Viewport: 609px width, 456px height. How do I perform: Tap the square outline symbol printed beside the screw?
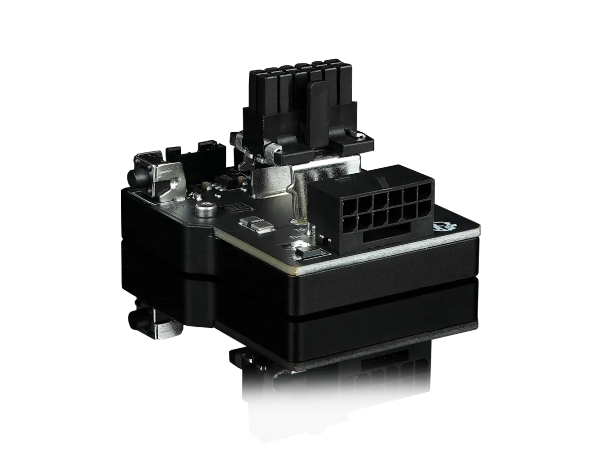[236, 209]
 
